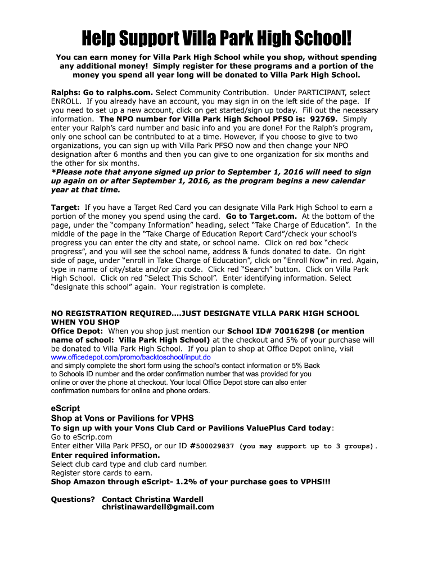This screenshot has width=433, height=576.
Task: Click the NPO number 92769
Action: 324,119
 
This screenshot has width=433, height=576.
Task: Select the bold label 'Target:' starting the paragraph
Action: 65,207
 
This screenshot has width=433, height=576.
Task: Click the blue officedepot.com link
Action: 131,357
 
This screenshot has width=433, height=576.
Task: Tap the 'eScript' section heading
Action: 66,408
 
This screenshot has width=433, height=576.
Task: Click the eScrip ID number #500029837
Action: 212,446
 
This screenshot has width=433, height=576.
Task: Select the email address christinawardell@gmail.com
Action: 158,507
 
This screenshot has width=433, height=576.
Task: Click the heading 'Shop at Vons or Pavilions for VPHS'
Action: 122,418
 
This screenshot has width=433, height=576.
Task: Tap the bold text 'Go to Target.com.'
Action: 261,216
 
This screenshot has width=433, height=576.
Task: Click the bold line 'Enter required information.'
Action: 105,455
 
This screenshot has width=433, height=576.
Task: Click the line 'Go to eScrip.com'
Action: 82,437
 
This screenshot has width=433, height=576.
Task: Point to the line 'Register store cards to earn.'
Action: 102,473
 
